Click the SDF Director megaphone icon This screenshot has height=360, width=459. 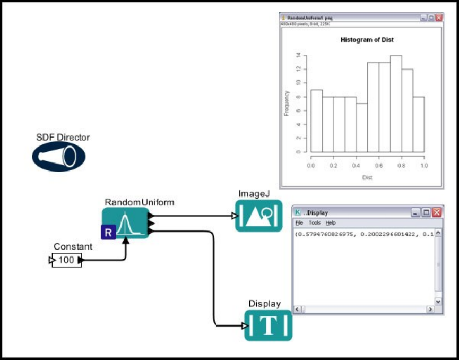[x=58, y=157]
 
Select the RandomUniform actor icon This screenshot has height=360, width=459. [x=126, y=224]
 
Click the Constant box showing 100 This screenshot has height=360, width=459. [x=66, y=260]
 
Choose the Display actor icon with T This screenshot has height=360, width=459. [x=269, y=325]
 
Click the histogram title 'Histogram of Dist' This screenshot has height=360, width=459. [x=367, y=40]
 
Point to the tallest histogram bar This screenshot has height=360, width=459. [x=396, y=104]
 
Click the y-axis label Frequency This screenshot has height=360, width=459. [x=287, y=104]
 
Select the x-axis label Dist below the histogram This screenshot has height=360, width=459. [x=367, y=177]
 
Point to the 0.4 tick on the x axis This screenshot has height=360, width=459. [x=356, y=166]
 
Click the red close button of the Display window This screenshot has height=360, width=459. [x=437, y=212]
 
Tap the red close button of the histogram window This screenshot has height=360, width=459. [x=439, y=18]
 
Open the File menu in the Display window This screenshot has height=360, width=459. [x=299, y=223]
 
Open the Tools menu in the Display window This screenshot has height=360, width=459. [x=315, y=223]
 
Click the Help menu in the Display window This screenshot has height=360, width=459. [x=331, y=223]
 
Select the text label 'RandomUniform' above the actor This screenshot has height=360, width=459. [x=139, y=202]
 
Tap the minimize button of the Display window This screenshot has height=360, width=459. [x=417, y=212]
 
